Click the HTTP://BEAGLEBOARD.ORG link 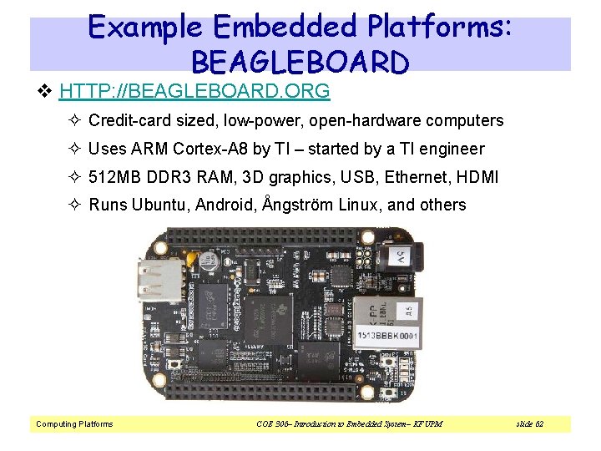pyautogui.click(x=194, y=90)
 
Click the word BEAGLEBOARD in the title pyautogui.click(x=300, y=61)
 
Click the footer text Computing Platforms pyautogui.click(x=74, y=424)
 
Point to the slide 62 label pyautogui.click(x=528, y=424)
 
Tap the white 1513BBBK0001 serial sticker pyautogui.click(x=387, y=337)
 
